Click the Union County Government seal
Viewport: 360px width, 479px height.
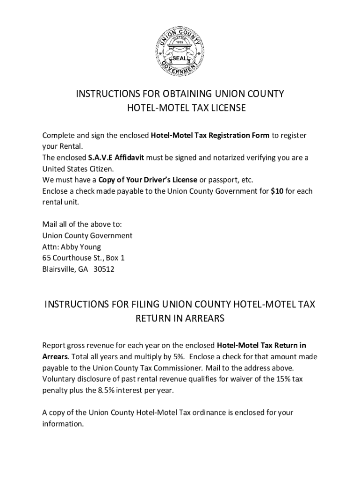(180, 49)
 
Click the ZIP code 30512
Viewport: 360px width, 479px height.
(103, 269)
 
